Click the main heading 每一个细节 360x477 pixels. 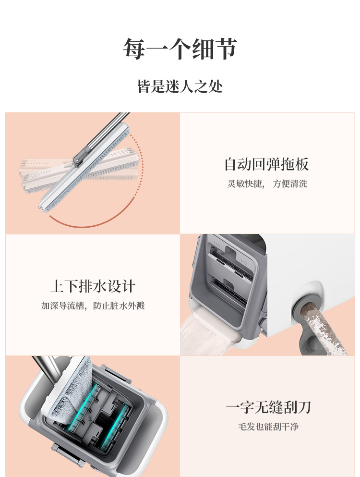[x=180, y=49]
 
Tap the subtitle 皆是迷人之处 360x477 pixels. [x=180, y=86]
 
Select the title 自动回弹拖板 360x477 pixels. [x=267, y=164]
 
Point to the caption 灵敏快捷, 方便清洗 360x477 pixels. [x=267, y=184]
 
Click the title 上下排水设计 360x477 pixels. [x=93, y=286]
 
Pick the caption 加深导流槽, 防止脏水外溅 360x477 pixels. [x=93, y=306]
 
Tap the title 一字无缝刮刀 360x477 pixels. [x=268, y=407]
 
